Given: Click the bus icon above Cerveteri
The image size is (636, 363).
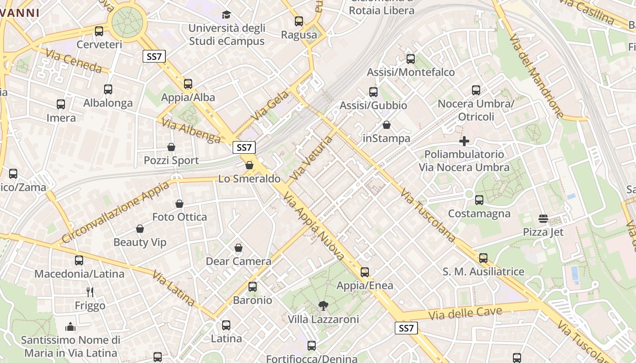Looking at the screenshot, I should (99, 31).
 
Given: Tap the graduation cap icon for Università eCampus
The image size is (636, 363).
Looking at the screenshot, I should (226, 15).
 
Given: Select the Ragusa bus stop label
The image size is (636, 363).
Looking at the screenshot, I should (299, 35).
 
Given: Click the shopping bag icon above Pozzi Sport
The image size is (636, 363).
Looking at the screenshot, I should (171, 147).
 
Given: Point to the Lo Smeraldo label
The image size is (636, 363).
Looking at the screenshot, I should (249, 179).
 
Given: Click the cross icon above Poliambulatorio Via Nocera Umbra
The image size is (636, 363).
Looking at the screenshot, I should (464, 141).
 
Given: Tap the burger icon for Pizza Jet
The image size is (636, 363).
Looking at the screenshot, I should (543, 219).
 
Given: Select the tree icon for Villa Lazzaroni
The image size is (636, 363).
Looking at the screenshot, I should (323, 306).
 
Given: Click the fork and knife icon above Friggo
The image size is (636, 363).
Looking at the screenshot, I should (90, 292).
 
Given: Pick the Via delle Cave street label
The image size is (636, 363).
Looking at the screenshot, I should (465, 313).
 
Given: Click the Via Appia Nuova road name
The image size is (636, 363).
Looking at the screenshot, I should (313, 226).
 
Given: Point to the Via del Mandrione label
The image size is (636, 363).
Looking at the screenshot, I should (536, 76).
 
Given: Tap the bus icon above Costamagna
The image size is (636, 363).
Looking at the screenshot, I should (479, 200).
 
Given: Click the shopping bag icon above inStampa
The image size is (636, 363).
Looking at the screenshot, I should (387, 125).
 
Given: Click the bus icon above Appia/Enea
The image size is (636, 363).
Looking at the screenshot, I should (365, 272).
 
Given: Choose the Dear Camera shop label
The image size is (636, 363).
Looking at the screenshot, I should (238, 261).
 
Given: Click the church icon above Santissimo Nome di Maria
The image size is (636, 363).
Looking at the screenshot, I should (70, 327).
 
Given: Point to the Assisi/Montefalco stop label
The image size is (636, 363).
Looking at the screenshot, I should (410, 72).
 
